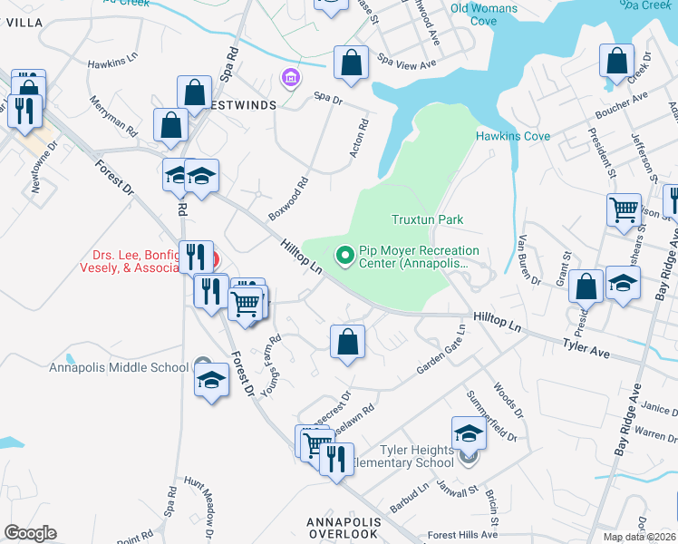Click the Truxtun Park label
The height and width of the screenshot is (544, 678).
427,219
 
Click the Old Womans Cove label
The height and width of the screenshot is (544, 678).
484,14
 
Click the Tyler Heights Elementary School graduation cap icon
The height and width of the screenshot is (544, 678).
469,433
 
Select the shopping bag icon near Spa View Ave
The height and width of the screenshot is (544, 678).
351,64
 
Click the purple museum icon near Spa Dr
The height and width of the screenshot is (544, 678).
290,79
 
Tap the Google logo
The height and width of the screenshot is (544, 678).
31,533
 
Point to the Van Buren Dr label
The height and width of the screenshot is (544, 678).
528,260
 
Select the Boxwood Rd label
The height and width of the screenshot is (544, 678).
288,199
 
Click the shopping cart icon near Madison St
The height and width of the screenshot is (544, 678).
624,209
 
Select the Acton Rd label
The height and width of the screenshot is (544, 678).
360,137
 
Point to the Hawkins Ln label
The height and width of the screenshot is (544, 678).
112,63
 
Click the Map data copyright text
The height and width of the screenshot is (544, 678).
639,537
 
